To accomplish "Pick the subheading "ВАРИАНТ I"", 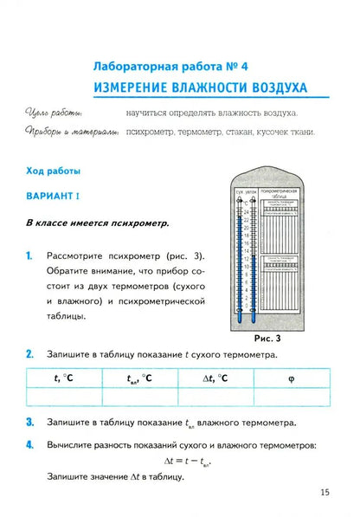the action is (52, 197).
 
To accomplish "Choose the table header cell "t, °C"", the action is (64, 378).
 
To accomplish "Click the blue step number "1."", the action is (29, 255).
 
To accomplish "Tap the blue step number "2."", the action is (29, 353).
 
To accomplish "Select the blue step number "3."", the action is (29, 423).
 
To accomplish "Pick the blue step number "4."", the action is (29, 445).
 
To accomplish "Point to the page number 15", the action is (325, 493).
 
